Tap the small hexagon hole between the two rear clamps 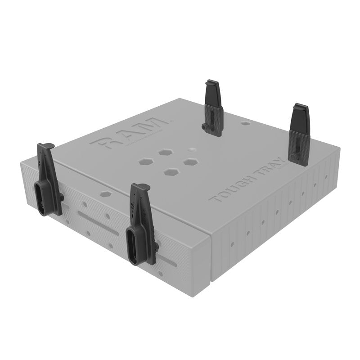(245, 123)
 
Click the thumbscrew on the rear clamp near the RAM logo (205, 128)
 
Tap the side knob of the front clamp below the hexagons (157, 245)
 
